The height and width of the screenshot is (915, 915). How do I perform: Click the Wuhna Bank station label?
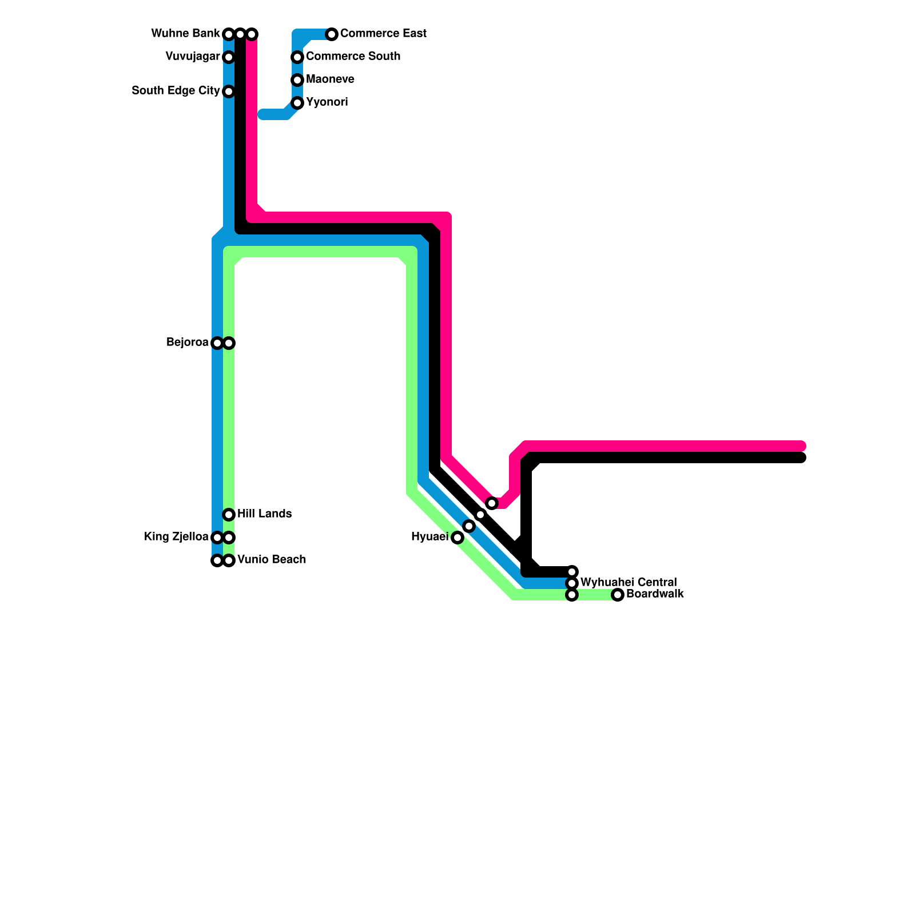coord(185,34)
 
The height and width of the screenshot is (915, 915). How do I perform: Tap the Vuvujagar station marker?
coord(229,57)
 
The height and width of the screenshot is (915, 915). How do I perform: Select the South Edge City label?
coord(176,91)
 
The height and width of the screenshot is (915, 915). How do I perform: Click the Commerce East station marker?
coord(332,34)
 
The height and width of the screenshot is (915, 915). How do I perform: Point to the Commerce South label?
coord(353,57)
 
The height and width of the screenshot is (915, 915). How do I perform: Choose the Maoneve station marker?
coord(297,80)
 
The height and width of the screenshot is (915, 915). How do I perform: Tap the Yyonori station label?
coord(327,102)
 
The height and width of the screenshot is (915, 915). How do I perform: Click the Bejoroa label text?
coord(187,343)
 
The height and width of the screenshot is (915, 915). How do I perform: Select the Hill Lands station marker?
coord(229,515)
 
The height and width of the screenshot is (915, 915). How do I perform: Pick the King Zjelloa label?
coord(176,537)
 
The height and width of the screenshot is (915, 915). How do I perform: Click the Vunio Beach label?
coord(272,560)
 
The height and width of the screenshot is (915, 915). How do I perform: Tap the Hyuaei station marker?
coord(457,538)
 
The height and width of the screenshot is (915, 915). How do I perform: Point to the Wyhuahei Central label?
coord(628,583)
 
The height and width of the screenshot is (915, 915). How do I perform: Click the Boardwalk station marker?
coord(618,595)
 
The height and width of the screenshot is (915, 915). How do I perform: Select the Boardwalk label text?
coord(655,594)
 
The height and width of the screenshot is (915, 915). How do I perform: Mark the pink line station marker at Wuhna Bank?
coord(252,34)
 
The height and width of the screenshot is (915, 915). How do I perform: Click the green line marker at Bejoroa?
coord(229,343)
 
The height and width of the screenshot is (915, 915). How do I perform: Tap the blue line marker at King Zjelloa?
coord(217,538)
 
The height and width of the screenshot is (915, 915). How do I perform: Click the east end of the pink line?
coord(802,446)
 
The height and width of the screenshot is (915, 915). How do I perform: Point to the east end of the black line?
coord(802,457)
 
